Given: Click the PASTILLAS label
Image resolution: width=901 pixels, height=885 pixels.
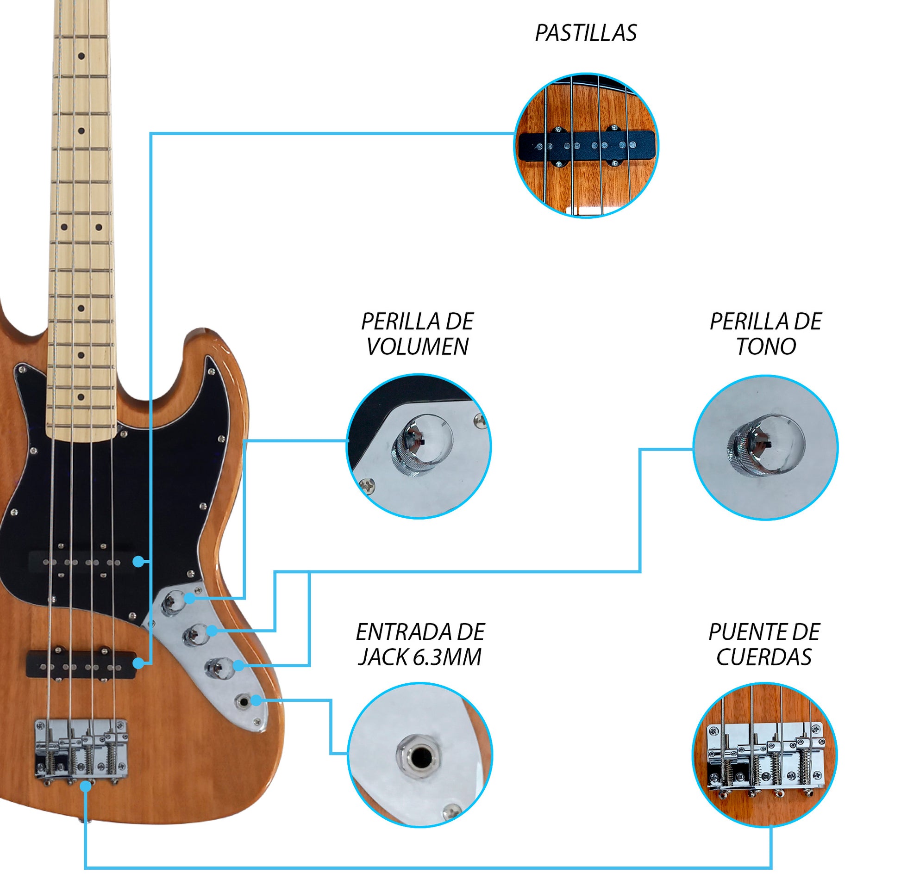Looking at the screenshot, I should click(x=585, y=33).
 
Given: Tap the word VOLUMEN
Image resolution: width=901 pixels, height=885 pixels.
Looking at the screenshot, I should click(x=417, y=347).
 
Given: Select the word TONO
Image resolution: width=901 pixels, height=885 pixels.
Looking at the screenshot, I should click(x=766, y=347).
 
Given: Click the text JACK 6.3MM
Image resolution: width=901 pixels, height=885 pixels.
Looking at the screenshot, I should click(x=419, y=657).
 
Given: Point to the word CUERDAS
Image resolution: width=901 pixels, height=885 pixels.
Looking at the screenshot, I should click(x=764, y=657).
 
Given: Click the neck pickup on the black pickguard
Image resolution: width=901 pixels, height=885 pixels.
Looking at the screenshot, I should click(x=81, y=563).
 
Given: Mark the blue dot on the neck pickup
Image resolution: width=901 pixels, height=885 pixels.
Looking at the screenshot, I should click(x=138, y=562).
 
